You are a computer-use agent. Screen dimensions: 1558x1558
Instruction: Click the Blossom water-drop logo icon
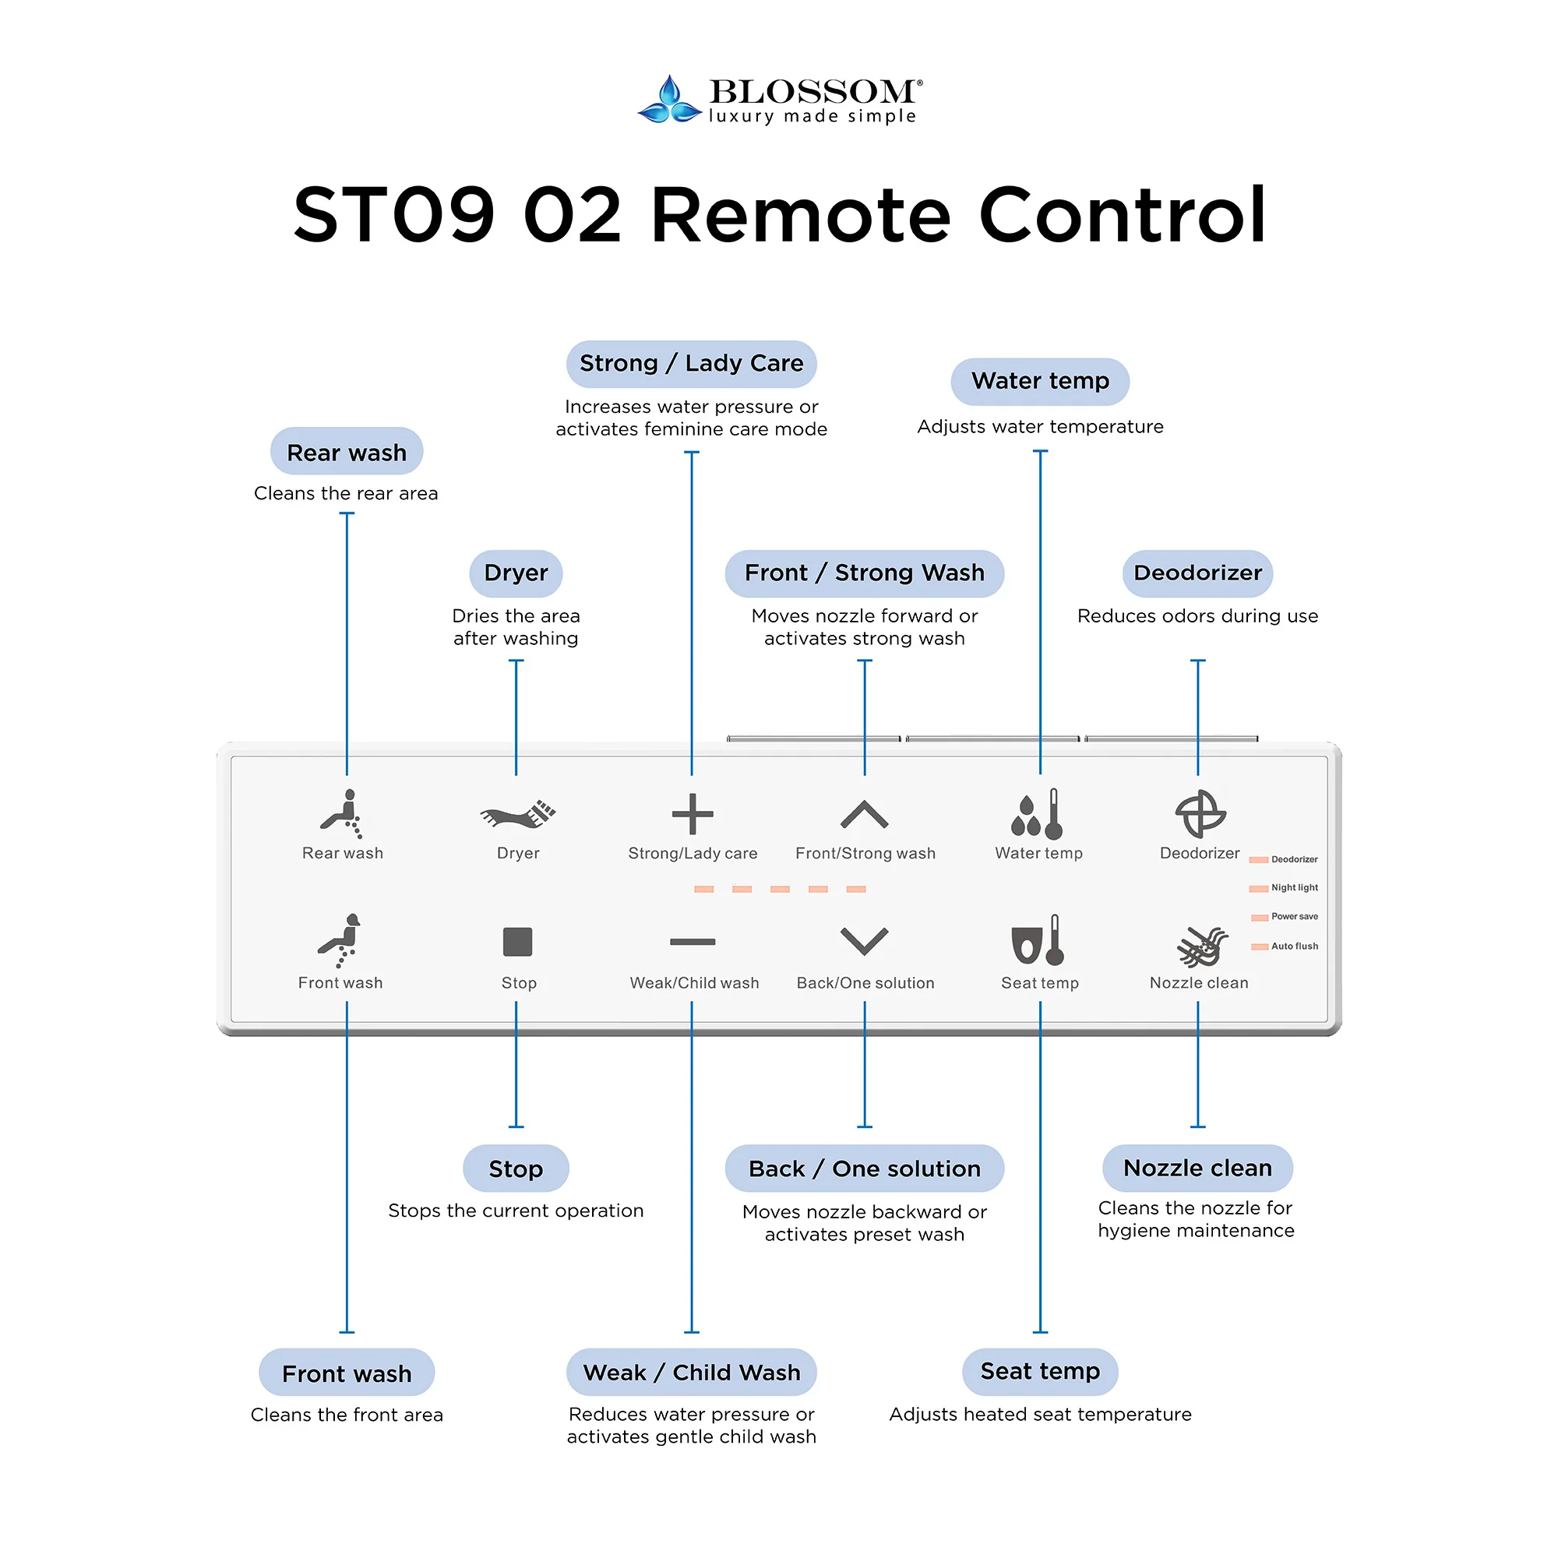pyautogui.click(x=669, y=100)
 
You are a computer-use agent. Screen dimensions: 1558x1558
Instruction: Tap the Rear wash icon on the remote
pyautogui.click(x=342, y=814)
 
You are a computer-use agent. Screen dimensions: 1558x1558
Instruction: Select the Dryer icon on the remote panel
pyautogui.click(x=518, y=815)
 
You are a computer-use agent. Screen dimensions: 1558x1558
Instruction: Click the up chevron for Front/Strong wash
pyautogui.click(x=865, y=815)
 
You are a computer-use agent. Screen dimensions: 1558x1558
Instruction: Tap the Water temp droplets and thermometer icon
pyautogui.click(x=1038, y=815)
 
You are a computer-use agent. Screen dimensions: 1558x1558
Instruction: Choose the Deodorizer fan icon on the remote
pyautogui.click(x=1200, y=814)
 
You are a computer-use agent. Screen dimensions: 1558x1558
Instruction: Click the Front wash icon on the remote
pyautogui.click(x=340, y=940)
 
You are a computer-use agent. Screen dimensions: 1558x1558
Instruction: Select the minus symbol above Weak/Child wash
pyautogui.click(x=693, y=942)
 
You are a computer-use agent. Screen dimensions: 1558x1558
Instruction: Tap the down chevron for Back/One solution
pyautogui.click(x=865, y=941)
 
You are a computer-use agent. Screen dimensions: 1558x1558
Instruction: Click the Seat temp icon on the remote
pyautogui.click(x=1038, y=941)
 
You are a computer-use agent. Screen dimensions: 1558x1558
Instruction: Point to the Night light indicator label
pyautogui.click(x=1294, y=888)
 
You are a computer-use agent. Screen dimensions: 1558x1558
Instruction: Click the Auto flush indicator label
pyautogui.click(x=1294, y=946)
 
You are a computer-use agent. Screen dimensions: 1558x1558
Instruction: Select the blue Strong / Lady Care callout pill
pyautogui.click(x=691, y=364)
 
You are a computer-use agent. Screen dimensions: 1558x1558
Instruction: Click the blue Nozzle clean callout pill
pyautogui.click(x=1197, y=1168)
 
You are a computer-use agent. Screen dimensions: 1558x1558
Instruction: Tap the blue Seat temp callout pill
pyautogui.click(x=1039, y=1372)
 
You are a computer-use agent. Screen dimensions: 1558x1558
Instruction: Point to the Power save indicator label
pyautogui.click(x=1294, y=917)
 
